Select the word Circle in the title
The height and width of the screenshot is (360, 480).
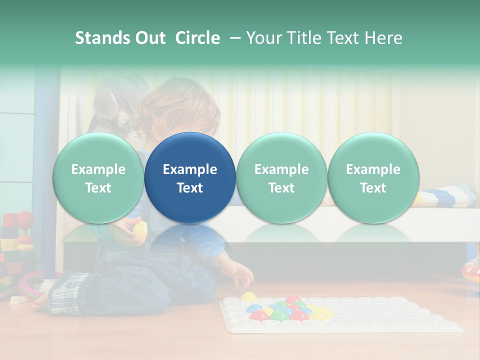(197, 38)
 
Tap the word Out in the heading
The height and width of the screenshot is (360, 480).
(149, 38)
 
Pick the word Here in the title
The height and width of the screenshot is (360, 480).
(383, 38)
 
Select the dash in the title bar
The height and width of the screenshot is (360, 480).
(233, 38)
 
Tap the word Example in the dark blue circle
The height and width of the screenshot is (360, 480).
(190, 169)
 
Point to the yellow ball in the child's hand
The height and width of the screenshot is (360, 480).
(140, 230)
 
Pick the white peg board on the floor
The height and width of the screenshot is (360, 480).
(350, 315)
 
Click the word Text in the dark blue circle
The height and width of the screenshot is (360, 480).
(190, 188)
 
